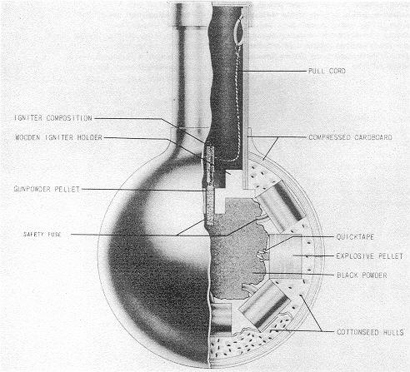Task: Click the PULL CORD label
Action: click(327, 71)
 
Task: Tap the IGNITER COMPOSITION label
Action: click(53, 118)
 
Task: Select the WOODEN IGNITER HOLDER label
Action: click(58, 137)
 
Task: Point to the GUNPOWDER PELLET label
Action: click(47, 189)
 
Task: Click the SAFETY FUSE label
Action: click(42, 235)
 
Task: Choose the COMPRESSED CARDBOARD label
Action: click(351, 137)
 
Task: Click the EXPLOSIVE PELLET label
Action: click(369, 255)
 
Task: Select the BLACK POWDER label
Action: click(362, 275)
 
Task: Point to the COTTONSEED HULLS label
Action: click(370, 332)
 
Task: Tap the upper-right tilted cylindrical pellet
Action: click(281, 206)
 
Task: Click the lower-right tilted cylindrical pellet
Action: click(264, 304)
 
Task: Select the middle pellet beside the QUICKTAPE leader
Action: click(285, 256)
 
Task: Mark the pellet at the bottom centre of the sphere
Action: click(221, 318)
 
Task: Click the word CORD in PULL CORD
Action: click(337, 71)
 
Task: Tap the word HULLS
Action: click(393, 332)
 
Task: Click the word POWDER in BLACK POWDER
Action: click(374, 275)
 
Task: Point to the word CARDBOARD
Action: click(371, 137)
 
